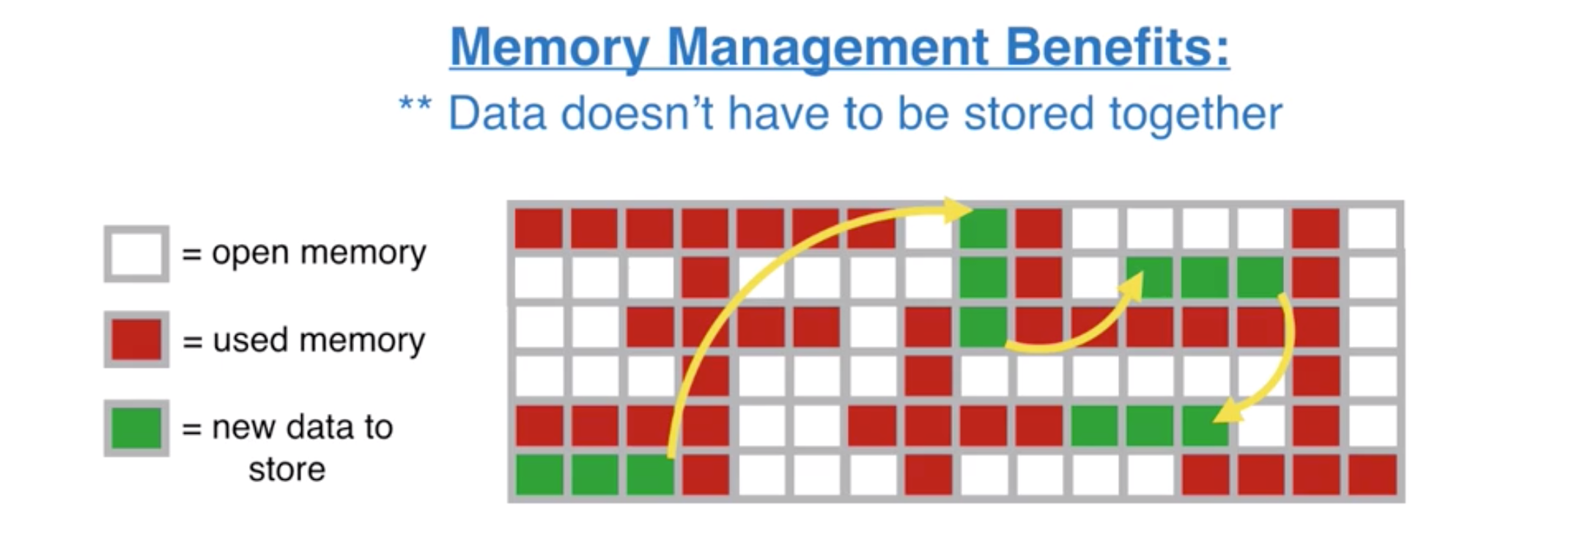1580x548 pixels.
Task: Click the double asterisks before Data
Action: coord(415,105)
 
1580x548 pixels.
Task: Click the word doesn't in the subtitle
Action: coord(637,114)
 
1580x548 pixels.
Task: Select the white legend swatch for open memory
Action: coord(136,253)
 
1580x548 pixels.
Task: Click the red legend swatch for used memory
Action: coord(136,340)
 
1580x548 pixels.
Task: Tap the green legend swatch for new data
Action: coord(136,428)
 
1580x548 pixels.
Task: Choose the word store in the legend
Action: coord(287,470)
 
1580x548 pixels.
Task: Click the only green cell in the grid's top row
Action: coord(983,229)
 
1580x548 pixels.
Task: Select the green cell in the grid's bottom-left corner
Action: coord(539,475)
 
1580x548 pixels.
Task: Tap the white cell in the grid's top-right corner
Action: coord(1373,229)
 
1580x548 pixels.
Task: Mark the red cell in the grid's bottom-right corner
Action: coord(1373,475)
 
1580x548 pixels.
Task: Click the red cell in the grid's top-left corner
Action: coord(539,229)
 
